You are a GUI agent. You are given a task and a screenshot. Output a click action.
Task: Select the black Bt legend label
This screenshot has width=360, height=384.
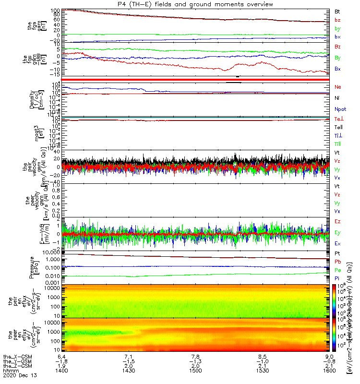tap(337, 11)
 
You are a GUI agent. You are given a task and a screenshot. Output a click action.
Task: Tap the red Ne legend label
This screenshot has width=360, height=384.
tap(337, 87)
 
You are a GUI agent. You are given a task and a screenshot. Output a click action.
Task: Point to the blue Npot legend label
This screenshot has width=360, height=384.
tap(340, 109)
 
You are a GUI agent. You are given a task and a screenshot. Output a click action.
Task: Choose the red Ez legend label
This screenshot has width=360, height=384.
tap(337, 222)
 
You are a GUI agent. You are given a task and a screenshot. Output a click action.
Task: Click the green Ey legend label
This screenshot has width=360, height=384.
tap(337, 233)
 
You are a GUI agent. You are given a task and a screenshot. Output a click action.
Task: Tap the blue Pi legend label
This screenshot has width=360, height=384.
tap(337, 279)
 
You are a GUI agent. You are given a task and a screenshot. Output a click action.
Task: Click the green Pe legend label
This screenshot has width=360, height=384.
tap(337, 271)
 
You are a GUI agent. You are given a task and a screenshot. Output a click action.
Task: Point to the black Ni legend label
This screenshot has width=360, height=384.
tap(337, 98)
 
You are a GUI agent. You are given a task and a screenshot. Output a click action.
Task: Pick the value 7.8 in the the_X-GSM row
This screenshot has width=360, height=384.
tap(196, 357)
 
